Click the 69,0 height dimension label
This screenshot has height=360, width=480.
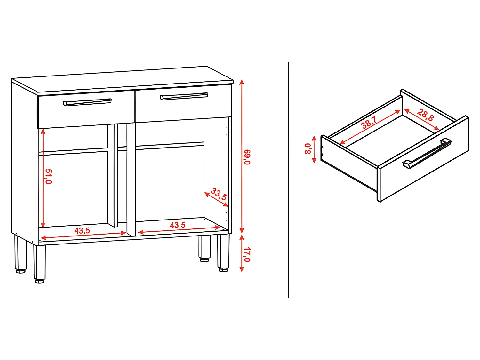(x=247, y=157)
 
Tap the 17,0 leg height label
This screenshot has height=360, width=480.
(x=247, y=254)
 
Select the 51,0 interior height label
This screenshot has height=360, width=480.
(x=48, y=176)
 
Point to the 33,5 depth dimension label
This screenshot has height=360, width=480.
(x=219, y=195)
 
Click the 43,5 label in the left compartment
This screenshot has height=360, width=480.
(x=82, y=231)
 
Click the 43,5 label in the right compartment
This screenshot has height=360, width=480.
(x=178, y=225)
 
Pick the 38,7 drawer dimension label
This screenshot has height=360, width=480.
(x=369, y=122)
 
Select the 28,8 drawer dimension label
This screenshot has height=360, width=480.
(x=425, y=115)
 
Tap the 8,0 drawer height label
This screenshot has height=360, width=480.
(x=308, y=149)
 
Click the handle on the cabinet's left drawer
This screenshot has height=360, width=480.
(x=87, y=102)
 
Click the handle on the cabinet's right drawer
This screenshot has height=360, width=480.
(x=184, y=96)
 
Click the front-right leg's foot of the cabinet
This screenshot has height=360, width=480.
(x=224, y=270)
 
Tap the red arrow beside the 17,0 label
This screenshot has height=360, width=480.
(x=242, y=253)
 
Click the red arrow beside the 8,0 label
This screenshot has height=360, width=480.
(x=314, y=149)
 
